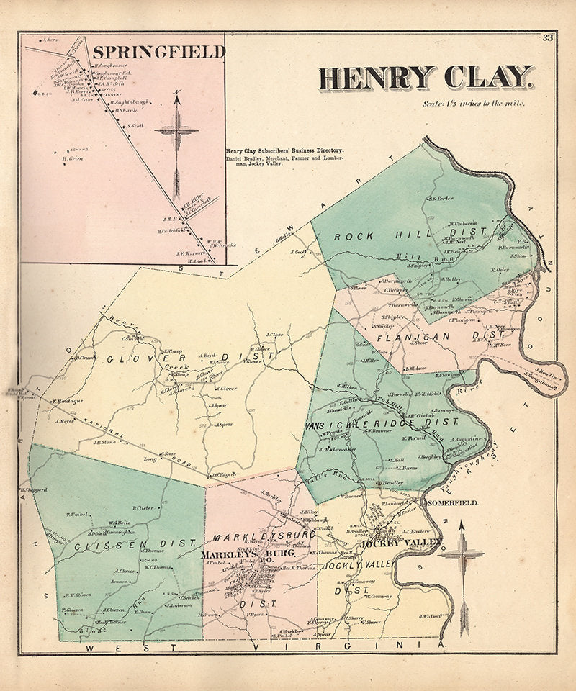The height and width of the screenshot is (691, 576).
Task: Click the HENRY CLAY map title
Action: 426,78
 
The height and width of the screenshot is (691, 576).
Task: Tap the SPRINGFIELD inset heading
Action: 158,52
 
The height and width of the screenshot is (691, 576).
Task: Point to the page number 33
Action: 548,38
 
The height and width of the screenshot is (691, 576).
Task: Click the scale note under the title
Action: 475,104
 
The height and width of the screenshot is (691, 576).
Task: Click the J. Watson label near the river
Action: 429,615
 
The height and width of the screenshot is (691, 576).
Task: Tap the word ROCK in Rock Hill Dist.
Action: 350,237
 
